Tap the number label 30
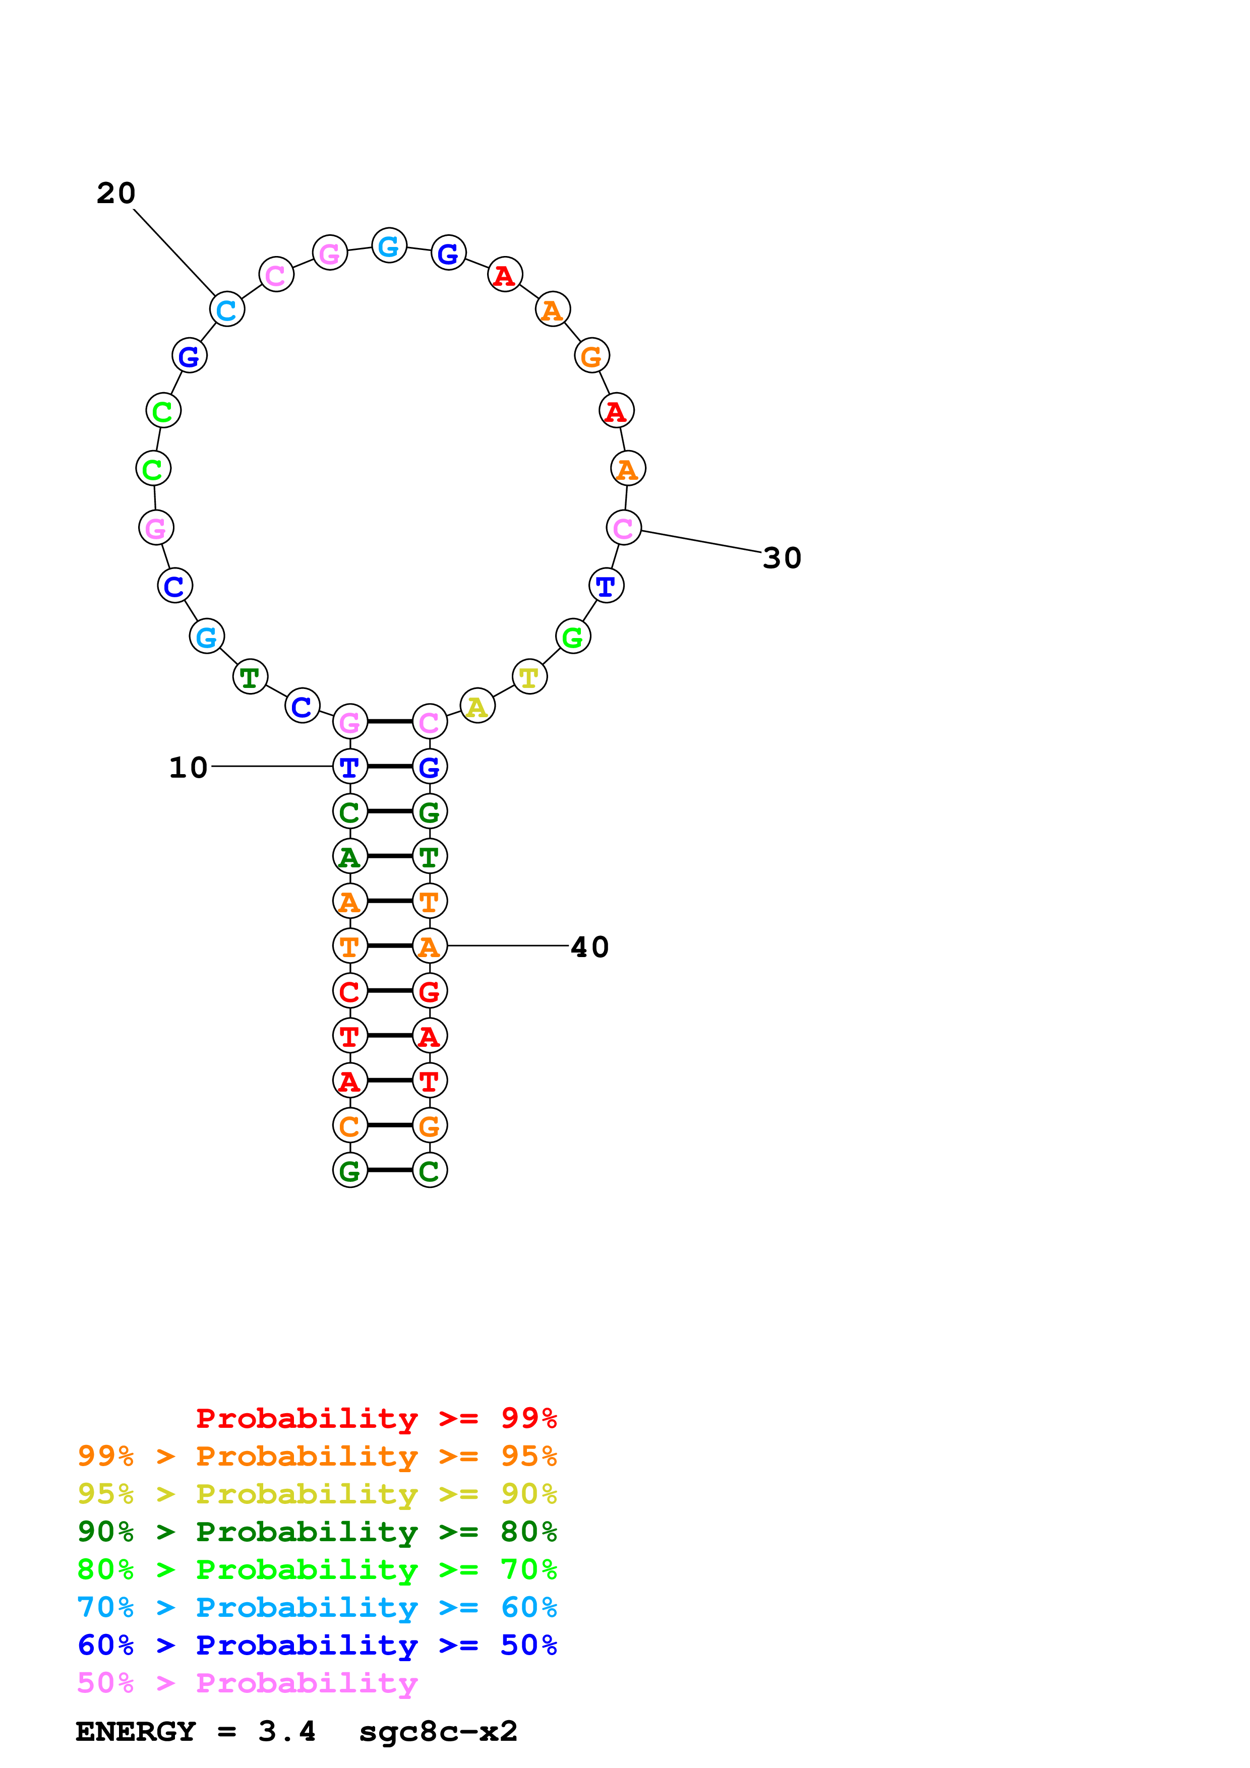[782, 558]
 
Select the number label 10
[188, 767]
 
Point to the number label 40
[589, 947]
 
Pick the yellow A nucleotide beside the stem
[477, 706]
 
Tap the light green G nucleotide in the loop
[572, 637]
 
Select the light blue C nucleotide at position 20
[226, 309]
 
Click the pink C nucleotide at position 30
[623, 528]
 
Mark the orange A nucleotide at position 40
[429, 946]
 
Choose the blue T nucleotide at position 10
[349, 767]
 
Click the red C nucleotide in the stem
[349, 991]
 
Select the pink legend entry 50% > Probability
[247, 1683]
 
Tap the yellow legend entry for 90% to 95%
[317, 1494]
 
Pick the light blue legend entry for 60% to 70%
[317, 1607]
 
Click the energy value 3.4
[286, 1732]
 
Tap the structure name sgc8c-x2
[438, 1732]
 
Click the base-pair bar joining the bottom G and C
[390, 1170]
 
